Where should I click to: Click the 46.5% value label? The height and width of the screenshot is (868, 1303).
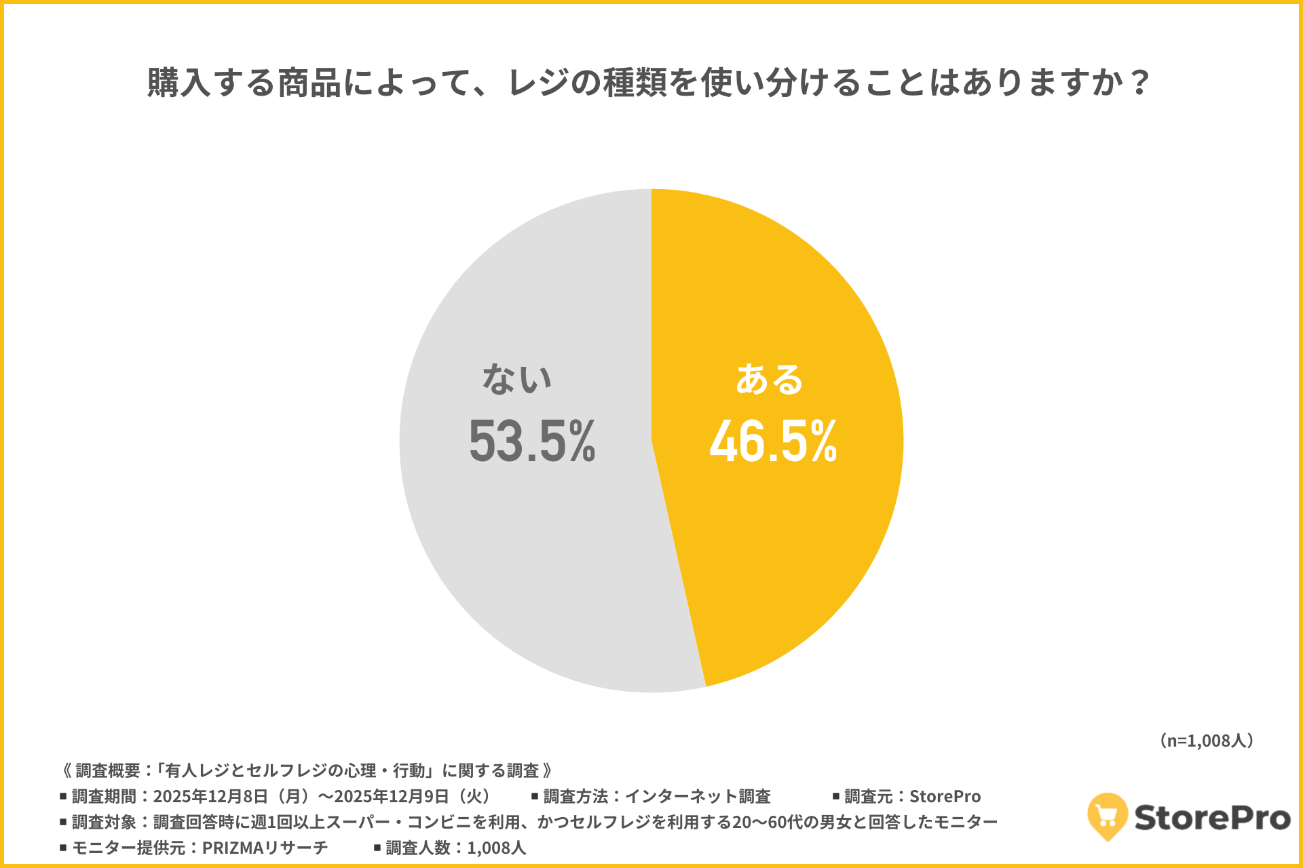(773, 441)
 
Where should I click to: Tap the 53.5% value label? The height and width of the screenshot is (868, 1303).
(532, 441)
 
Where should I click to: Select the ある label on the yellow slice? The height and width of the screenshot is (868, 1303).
(769, 379)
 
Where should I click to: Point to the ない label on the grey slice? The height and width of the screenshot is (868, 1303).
(517, 379)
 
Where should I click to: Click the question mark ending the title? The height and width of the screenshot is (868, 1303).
(1140, 83)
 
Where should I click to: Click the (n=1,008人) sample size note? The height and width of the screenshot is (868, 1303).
(1207, 741)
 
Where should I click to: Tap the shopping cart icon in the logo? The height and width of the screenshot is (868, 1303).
(1107, 816)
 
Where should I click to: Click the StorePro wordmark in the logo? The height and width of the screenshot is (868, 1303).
(1212, 818)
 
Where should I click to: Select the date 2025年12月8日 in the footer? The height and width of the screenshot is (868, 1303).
(210, 796)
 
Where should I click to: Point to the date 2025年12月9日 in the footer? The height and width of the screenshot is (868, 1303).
(392, 796)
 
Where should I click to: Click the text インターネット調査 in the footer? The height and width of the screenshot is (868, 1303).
(697, 796)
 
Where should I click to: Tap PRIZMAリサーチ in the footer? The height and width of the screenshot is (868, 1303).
(265, 848)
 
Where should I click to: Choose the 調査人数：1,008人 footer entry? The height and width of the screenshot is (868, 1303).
(455, 848)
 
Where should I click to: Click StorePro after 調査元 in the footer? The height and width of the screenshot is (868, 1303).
(945, 796)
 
